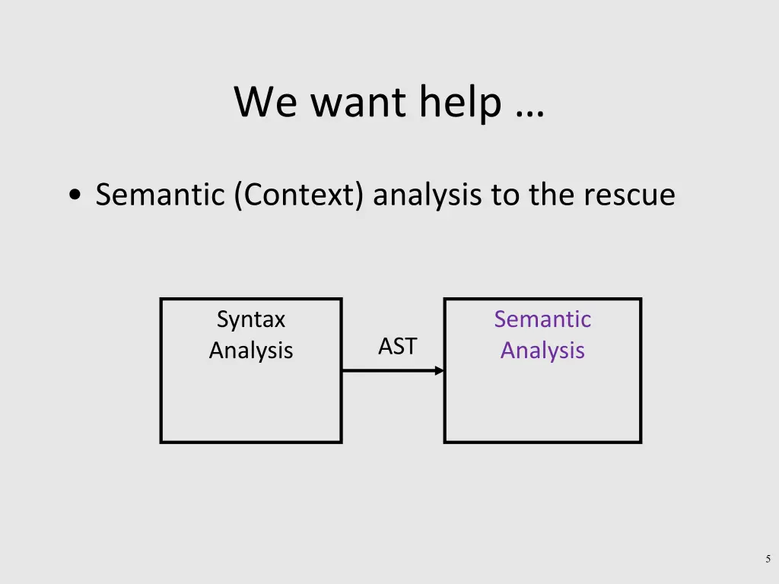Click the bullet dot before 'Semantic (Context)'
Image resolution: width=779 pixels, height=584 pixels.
point(75,195)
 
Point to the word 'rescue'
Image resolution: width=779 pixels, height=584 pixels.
point(629,195)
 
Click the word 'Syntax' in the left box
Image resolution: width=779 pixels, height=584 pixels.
point(251,319)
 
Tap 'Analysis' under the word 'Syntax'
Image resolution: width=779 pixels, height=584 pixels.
point(251,351)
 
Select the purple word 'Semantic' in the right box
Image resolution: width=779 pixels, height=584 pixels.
point(542,319)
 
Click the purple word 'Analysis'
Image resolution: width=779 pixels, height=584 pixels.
point(542,351)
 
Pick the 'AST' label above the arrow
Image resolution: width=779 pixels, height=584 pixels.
point(397,347)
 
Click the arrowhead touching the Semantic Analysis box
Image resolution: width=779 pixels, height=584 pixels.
point(439,370)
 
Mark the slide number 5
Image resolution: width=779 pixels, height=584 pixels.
point(768,559)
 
